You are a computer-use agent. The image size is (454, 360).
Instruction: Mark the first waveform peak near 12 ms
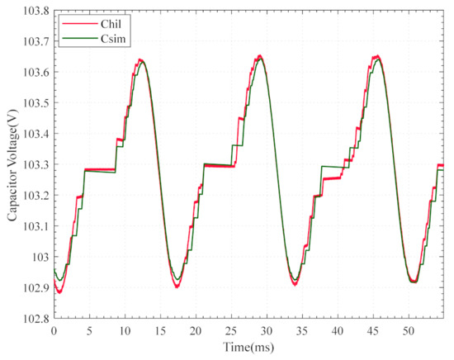141,60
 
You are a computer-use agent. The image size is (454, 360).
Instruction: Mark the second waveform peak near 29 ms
260,56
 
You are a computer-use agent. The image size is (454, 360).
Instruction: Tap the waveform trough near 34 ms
295,283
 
